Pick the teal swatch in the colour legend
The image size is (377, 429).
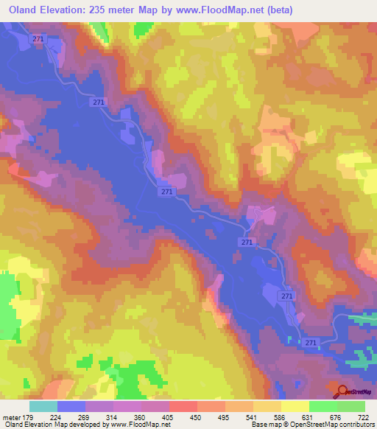coord(43,406)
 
